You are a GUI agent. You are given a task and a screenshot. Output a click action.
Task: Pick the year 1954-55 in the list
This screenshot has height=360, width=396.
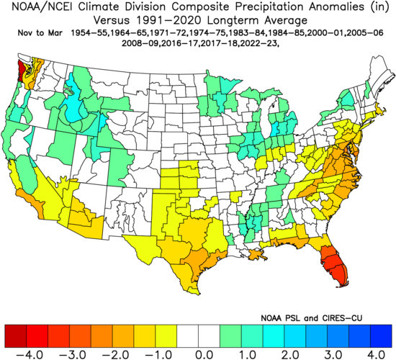coord(90,33)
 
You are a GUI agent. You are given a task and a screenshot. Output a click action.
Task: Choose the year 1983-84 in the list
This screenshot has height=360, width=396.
coord(240,33)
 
